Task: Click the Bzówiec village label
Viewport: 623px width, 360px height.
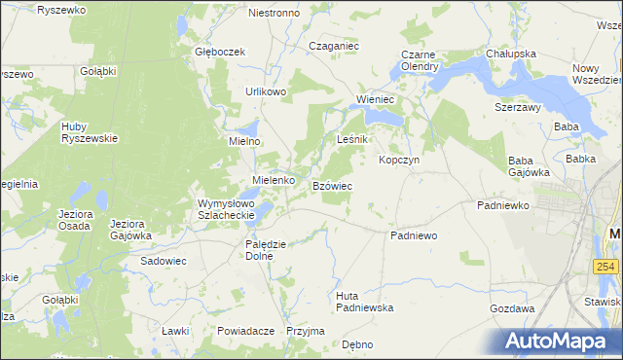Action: pyautogui.click(x=332, y=185)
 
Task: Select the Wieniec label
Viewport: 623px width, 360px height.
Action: pyautogui.click(x=375, y=99)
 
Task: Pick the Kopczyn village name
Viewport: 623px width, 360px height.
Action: pyautogui.click(x=398, y=160)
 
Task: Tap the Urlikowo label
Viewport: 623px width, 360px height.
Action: pyautogui.click(x=265, y=91)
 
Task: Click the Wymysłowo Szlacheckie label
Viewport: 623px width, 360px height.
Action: pyautogui.click(x=226, y=209)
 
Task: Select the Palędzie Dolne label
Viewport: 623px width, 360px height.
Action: pyautogui.click(x=265, y=250)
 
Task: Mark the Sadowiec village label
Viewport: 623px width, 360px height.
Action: pyautogui.click(x=164, y=261)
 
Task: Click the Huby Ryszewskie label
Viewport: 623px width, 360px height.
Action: pyautogui.click(x=89, y=131)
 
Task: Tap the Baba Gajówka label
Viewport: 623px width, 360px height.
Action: pyautogui.click(x=530, y=165)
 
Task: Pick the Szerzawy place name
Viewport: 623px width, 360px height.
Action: pyautogui.click(x=517, y=107)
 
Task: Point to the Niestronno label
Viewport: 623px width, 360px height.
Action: pyautogui.click(x=275, y=14)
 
